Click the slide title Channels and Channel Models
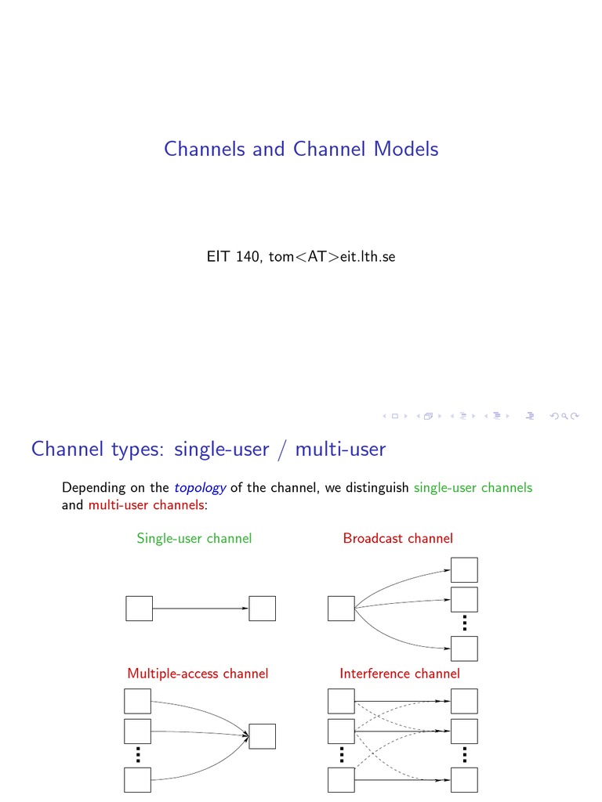301,149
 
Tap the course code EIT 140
232,257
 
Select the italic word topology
200,487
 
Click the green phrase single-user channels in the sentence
473,487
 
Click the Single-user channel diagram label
194,538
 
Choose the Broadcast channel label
397,538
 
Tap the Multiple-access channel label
198,673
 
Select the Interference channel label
400,673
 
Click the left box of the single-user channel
139,609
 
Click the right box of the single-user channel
263,609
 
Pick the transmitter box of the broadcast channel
341,609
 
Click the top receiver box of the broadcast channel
464,570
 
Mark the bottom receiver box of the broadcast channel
464,649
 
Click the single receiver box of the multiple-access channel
263,736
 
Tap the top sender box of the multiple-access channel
138,702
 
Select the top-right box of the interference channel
464,702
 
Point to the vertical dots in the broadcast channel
464,624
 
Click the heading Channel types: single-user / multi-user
209,449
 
